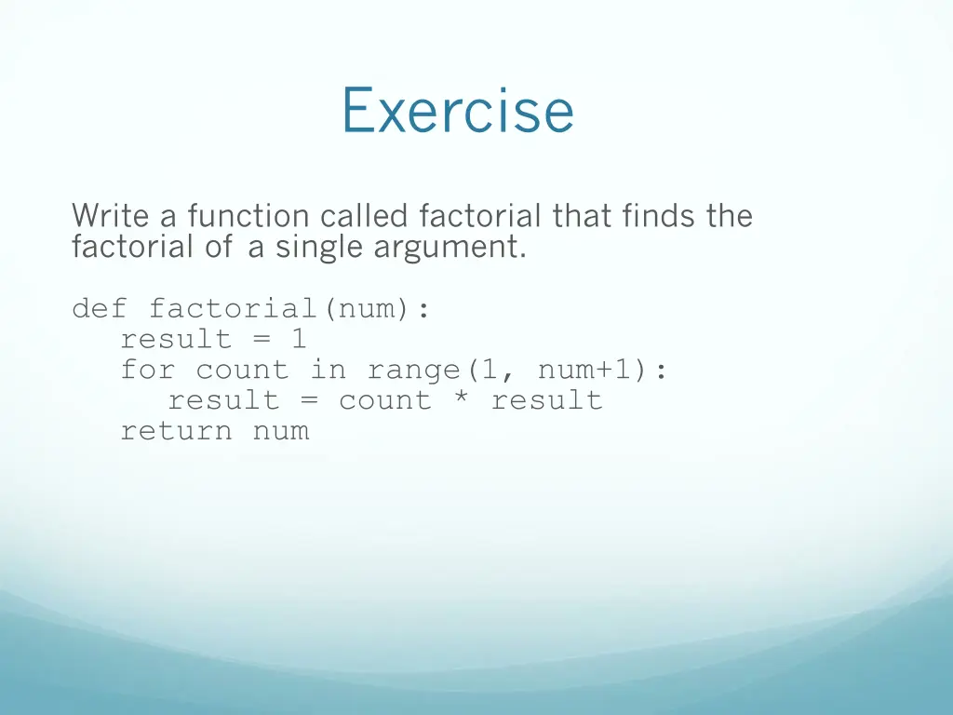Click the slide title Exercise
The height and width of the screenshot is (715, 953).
click(x=457, y=111)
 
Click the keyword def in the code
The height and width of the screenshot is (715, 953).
click(x=100, y=308)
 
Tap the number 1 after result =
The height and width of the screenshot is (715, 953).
click(x=298, y=339)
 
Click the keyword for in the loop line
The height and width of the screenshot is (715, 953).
click(x=147, y=370)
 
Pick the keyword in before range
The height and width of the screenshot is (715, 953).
click(x=328, y=370)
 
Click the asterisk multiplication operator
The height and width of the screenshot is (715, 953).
click(x=461, y=400)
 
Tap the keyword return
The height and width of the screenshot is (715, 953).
click(x=176, y=431)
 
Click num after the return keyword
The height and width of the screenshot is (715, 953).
click(x=280, y=431)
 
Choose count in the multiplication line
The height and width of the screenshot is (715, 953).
click(x=384, y=400)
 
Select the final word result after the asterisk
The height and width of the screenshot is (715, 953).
click(x=546, y=400)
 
